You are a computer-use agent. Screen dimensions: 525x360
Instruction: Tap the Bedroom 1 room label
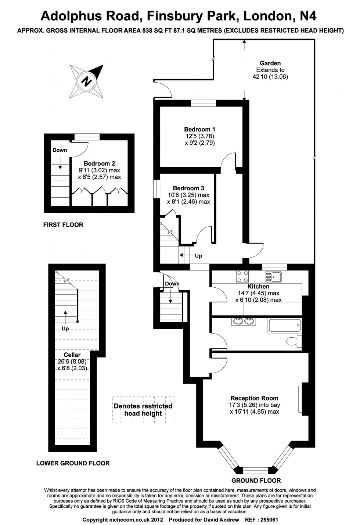(x=199, y=129)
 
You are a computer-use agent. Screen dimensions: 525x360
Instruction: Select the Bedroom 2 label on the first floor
(x=99, y=163)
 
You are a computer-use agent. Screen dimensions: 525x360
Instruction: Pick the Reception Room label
(x=254, y=398)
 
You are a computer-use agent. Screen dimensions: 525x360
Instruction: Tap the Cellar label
(x=72, y=355)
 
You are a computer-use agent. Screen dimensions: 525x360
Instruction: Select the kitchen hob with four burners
(x=242, y=276)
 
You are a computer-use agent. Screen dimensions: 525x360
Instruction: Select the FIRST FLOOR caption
(x=63, y=225)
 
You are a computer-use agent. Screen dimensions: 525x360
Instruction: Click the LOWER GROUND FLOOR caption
(x=73, y=463)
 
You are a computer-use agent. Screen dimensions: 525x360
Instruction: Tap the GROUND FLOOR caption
(x=256, y=481)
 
